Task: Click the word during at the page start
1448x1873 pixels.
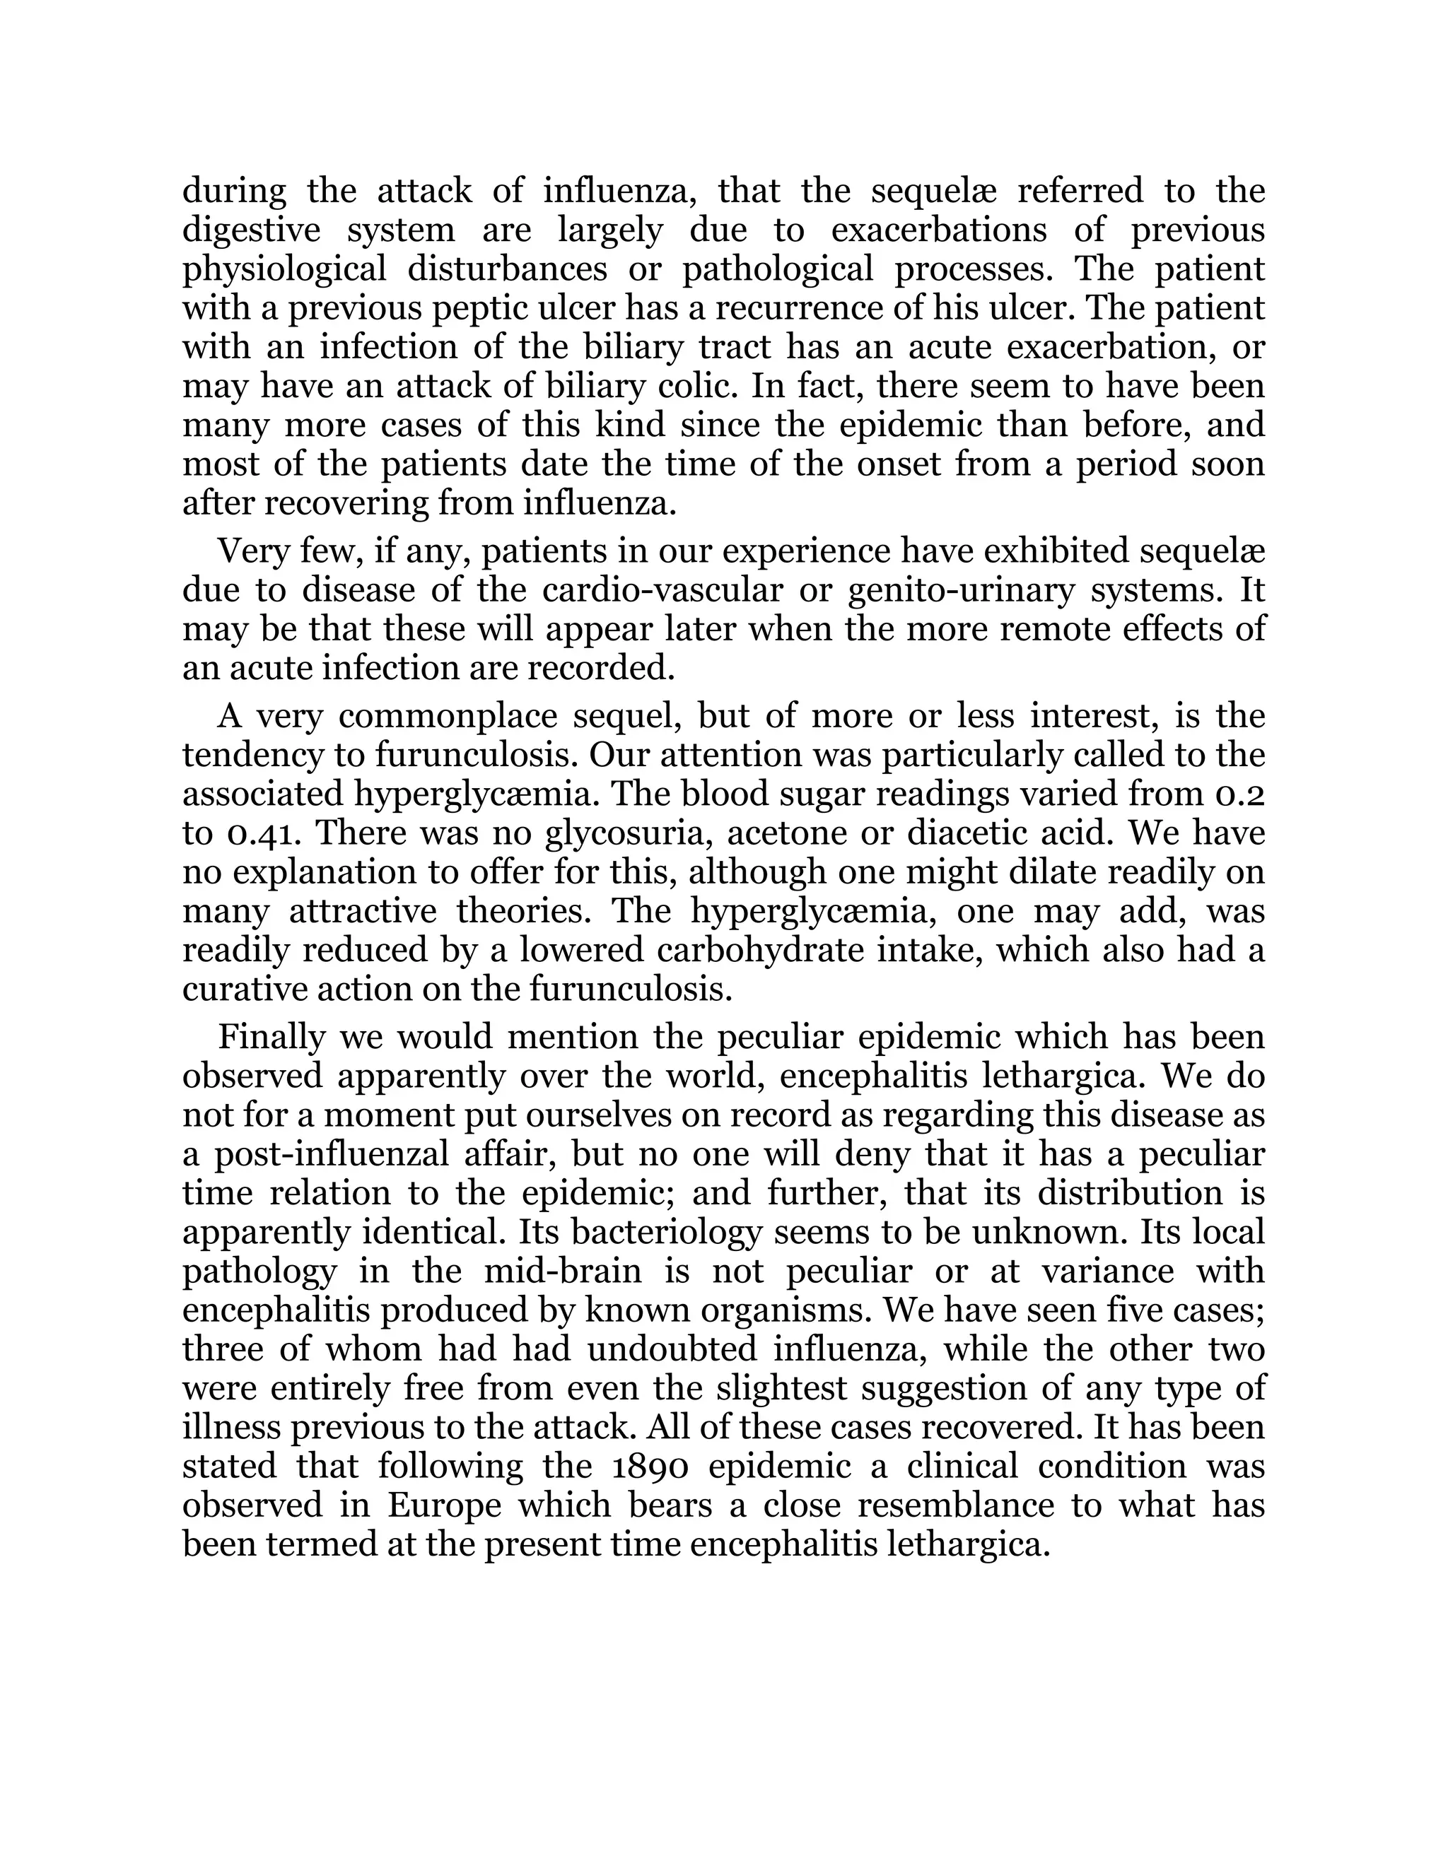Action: pos(234,190)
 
